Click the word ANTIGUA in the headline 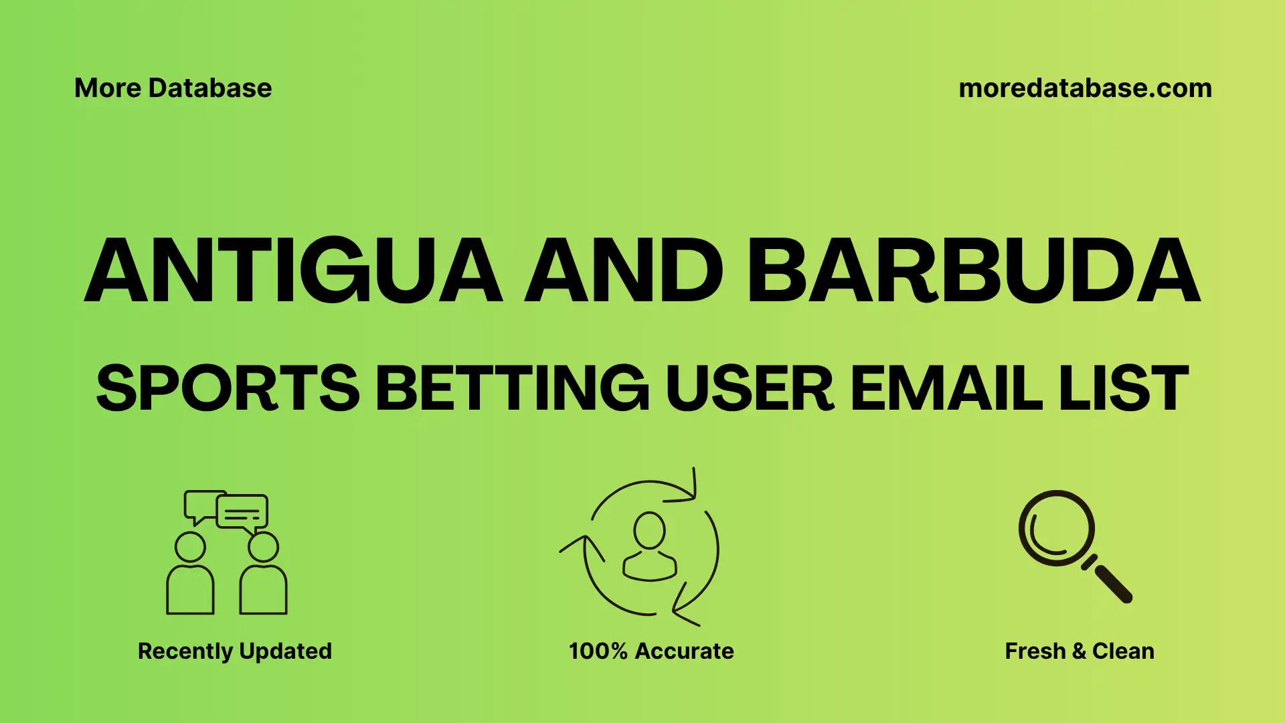click(293, 271)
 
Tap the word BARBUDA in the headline click(974, 271)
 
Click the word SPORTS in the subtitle click(228, 388)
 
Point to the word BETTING click(512, 388)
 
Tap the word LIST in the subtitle click(1124, 388)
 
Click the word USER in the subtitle click(750, 388)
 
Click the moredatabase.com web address click(1085, 88)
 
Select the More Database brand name click(173, 88)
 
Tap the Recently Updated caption click(234, 651)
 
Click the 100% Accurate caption click(651, 651)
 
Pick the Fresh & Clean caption click(1080, 651)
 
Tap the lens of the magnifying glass click(1056, 528)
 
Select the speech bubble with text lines click(242, 513)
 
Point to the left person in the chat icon click(190, 576)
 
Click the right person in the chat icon click(263, 576)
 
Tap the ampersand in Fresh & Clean click(1079, 651)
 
